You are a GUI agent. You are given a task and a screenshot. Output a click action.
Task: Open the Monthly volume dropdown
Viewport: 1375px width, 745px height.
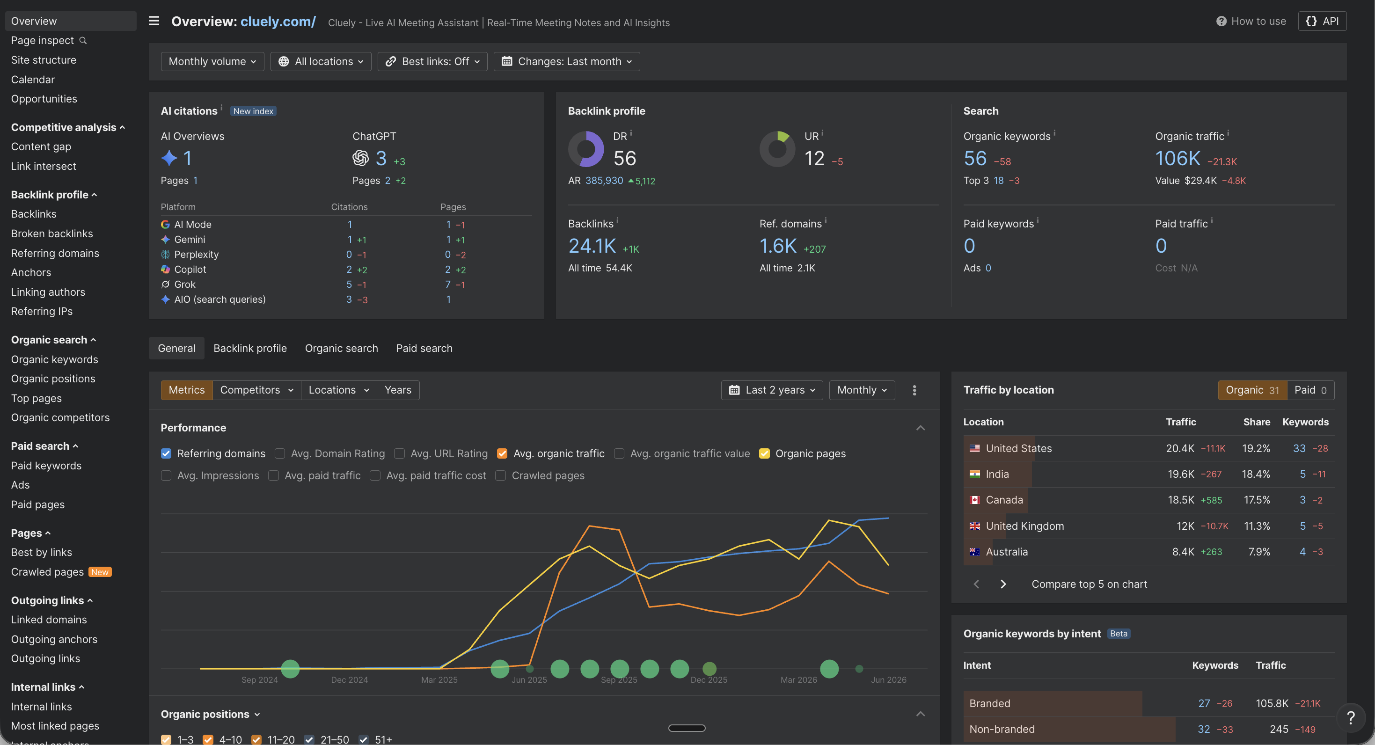[x=212, y=61]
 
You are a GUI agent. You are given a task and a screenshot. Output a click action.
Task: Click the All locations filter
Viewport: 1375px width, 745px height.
[x=321, y=61]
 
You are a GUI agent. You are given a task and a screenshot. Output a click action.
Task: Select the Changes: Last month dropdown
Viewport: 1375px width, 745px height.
[x=567, y=61]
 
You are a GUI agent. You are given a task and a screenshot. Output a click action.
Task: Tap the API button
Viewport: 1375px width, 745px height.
[x=1322, y=22]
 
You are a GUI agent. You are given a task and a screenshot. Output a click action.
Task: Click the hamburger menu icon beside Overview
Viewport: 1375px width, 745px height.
[x=154, y=22]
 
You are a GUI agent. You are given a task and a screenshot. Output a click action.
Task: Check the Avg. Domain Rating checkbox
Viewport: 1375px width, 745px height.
[x=280, y=453]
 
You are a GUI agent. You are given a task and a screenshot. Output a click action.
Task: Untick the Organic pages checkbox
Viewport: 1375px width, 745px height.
[x=764, y=453]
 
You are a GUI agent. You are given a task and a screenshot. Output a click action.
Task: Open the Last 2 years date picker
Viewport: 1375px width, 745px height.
[x=772, y=390]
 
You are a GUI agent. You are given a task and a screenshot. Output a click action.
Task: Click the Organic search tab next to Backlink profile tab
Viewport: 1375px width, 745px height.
[x=342, y=349]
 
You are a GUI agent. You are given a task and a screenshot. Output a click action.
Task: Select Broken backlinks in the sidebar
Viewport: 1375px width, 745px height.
[x=52, y=233]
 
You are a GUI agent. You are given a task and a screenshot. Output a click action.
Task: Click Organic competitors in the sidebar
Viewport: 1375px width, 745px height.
[x=60, y=417]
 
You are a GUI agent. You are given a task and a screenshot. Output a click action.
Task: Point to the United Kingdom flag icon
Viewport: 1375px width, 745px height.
[x=975, y=526]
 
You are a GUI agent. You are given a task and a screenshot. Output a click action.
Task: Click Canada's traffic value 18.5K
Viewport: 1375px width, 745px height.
[x=1181, y=500]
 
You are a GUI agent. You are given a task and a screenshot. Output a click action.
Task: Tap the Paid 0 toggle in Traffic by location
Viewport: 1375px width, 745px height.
[x=1310, y=390]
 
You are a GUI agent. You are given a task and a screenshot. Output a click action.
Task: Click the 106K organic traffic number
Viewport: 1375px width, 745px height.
[x=1178, y=159]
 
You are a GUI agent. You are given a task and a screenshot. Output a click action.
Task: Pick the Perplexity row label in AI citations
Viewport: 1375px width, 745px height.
[x=196, y=255]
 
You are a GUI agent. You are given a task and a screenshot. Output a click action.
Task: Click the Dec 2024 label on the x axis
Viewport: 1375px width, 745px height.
[x=350, y=680]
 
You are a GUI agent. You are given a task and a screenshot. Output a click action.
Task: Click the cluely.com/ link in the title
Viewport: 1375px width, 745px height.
[x=278, y=22]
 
